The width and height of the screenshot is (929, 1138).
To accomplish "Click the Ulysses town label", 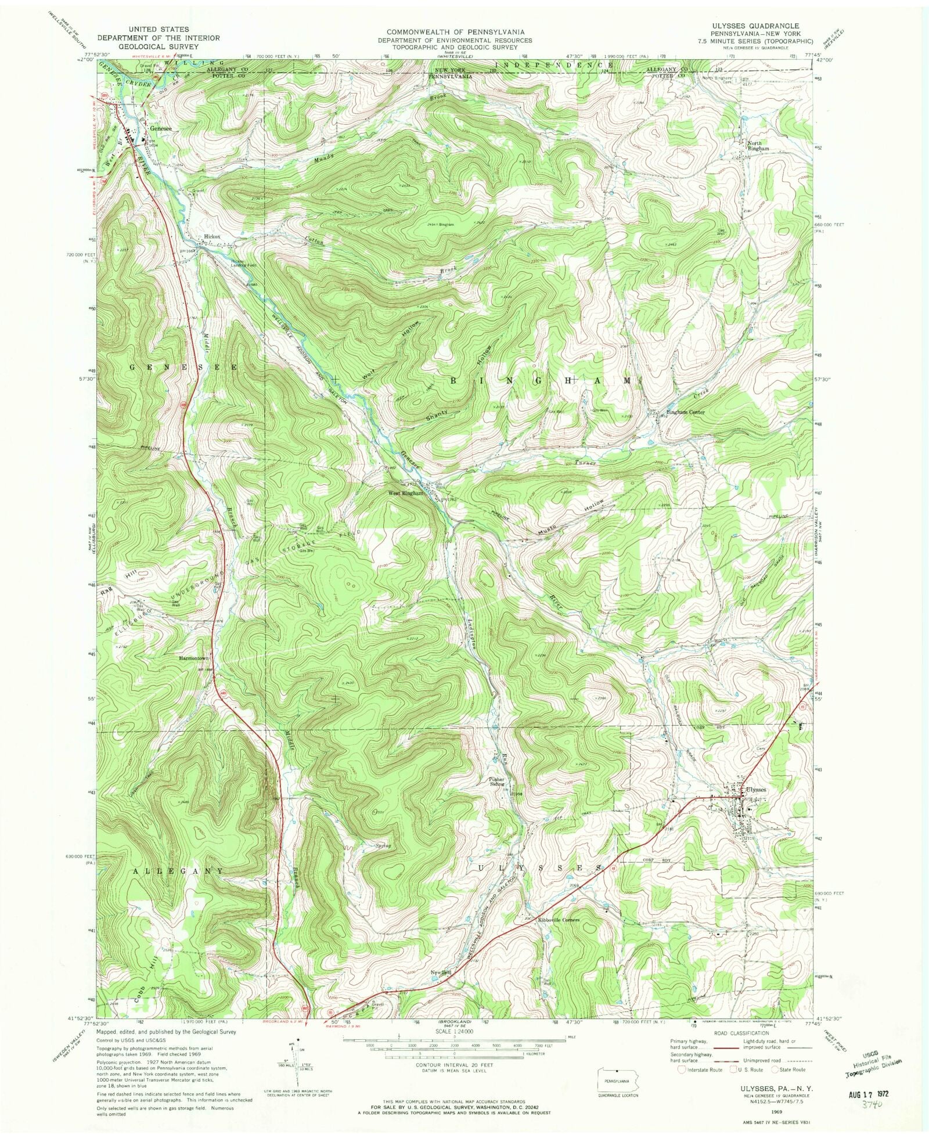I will [x=756, y=790].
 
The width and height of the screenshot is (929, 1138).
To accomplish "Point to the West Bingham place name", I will [x=406, y=493].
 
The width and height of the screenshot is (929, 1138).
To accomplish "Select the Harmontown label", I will [x=193, y=658].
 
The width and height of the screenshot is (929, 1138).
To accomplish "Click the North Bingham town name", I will [x=758, y=146].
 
